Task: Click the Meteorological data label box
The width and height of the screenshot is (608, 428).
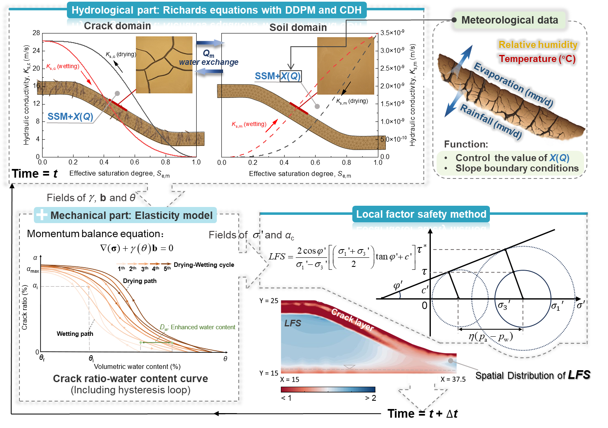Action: click(x=509, y=20)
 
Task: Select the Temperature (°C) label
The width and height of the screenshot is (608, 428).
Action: click(x=537, y=59)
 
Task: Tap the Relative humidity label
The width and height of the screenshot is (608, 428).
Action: click(x=538, y=45)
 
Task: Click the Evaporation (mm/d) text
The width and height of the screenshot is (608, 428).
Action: click(x=513, y=85)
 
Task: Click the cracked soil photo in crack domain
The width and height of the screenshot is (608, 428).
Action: click(x=164, y=64)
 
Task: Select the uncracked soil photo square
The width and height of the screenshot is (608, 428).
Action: click(x=345, y=66)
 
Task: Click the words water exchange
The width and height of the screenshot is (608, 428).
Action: click(x=209, y=62)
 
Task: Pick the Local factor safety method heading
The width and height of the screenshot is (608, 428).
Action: click(x=421, y=214)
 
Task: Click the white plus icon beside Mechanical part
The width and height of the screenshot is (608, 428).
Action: click(x=42, y=215)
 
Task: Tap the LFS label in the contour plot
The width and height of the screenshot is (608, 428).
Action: click(x=292, y=323)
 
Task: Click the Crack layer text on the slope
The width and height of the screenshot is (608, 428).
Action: click(x=352, y=320)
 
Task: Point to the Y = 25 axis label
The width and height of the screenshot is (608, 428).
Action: click(x=269, y=301)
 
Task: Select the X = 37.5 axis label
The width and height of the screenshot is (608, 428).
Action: click(x=453, y=379)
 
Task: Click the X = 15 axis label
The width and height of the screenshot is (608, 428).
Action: click(x=290, y=379)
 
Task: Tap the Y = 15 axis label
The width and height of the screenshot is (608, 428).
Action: click(x=269, y=373)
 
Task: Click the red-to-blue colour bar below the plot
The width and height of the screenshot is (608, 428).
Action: click(x=328, y=389)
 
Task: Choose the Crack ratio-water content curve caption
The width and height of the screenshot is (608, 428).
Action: click(x=131, y=379)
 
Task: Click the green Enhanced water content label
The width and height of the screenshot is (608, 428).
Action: click(x=198, y=327)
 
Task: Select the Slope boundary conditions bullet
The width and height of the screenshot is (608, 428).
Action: click(x=517, y=169)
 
